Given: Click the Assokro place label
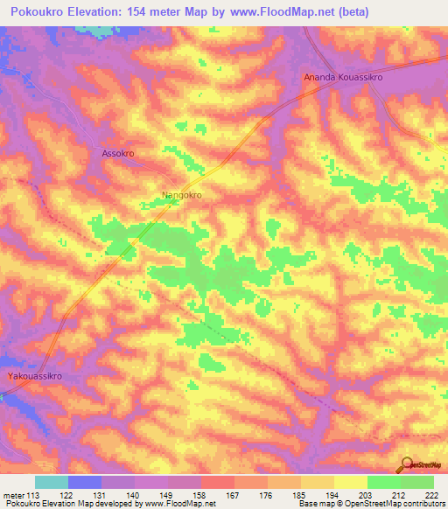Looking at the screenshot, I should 113,152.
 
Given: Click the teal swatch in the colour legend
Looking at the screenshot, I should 52,482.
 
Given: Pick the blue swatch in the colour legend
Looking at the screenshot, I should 85,482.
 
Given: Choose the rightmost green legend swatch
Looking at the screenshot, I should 417,482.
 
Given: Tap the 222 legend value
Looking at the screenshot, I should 432,495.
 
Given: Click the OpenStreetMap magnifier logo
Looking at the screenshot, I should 407,465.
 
